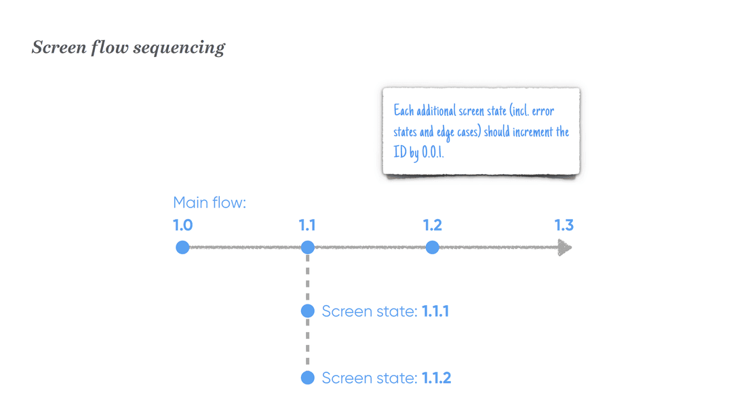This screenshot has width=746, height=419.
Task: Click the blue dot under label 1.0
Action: coord(182,247)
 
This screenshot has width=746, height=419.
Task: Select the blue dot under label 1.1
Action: coord(308,247)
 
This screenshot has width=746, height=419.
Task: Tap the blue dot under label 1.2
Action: coord(433,247)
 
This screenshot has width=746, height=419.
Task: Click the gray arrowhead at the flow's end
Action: coord(565,247)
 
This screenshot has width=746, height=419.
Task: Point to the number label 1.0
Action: coord(182,225)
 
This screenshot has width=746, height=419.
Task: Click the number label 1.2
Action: coord(433,225)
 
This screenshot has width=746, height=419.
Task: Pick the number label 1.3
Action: coord(564,225)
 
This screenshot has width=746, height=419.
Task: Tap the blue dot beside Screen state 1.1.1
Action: coord(308,311)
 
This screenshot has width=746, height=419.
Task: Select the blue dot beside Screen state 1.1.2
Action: coord(308,378)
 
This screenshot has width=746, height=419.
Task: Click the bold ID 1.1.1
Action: coord(435,311)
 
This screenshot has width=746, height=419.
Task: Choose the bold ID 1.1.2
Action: coord(436,378)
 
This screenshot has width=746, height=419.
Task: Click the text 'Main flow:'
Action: coord(210,203)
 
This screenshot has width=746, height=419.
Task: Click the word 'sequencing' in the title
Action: coord(179,48)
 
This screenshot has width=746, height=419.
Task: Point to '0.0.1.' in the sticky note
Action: coord(433,153)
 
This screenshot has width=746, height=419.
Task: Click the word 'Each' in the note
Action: coord(404,111)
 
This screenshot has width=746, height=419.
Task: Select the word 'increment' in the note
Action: coord(533,132)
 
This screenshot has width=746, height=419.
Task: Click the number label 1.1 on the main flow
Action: coord(307,225)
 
